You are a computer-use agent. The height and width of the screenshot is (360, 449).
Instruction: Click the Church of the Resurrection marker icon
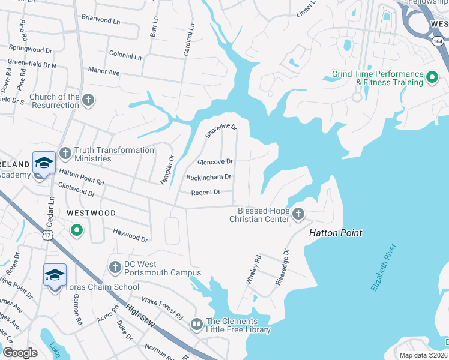tap(88, 100)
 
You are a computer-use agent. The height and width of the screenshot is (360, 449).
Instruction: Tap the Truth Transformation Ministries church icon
tap(65, 154)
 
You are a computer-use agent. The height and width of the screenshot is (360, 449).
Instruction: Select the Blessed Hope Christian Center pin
tap(298, 213)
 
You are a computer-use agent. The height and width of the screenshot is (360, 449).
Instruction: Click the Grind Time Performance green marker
tap(431, 77)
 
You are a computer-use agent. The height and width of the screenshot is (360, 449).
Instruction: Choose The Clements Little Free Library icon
tap(196, 324)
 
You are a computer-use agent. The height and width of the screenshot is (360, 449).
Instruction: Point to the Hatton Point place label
tap(336, 233)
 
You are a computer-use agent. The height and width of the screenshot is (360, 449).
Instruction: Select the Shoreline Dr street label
tap(221, 128)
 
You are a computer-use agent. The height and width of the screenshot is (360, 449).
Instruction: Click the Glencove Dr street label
tap(215, 162)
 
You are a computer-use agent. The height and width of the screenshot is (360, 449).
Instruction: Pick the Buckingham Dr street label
tap(208, 177)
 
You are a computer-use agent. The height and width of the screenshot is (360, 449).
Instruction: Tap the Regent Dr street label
tap(206, 193)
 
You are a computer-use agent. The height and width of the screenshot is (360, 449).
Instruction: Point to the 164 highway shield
tap(438, 42)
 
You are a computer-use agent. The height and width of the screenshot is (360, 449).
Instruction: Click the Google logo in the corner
tap(19, 353)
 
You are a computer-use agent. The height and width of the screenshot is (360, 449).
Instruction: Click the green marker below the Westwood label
tap(76, 230)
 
